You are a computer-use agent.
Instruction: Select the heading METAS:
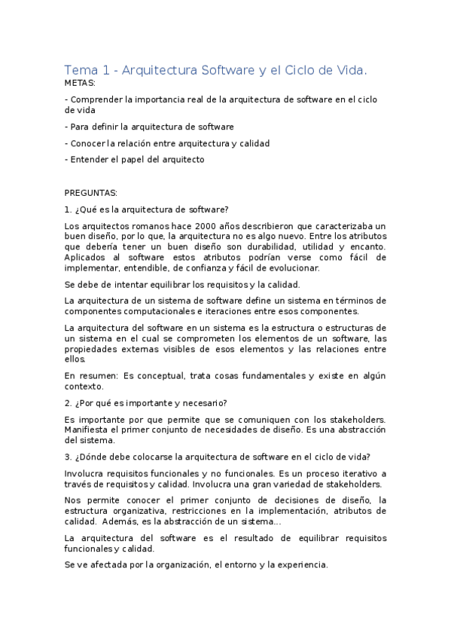point(81,83)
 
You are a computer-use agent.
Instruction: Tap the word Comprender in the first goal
point(97,99)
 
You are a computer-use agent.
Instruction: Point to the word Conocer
point(88,142)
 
